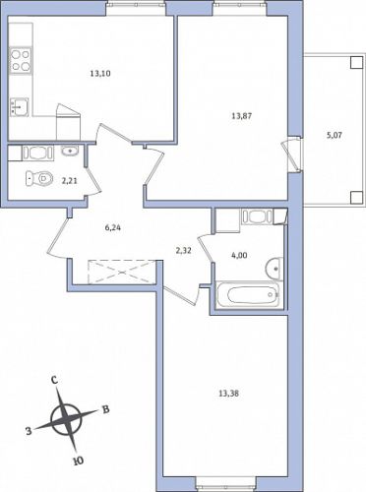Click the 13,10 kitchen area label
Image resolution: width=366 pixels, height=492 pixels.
click(x=100, y=74)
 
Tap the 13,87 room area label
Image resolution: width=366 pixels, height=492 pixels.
click(x=242, y=116)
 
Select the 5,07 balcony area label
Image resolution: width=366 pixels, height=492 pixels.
click(x=335, y=135)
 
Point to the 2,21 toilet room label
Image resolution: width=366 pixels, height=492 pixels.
click(x=70, y=180)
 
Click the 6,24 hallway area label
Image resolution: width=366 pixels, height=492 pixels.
click(x=113, y=227)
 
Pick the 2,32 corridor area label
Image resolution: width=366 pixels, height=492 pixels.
click(x=183, y=251)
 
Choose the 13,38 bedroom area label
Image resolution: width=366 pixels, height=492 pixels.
click(x=228, y=394)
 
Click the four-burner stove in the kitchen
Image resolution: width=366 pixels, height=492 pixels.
click(x=21, y=61)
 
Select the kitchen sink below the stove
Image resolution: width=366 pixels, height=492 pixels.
click(x=19, y=106)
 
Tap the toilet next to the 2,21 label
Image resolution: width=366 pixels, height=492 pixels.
click(x=39, y=179)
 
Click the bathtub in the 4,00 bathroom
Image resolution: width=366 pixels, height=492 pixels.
click(x=248, y=294)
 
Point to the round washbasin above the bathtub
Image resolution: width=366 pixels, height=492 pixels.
click(x=274, y=268)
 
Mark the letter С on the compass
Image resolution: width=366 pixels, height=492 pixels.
click(x=55, y=380)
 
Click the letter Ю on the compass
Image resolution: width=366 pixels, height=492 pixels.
click(x=78, y=461)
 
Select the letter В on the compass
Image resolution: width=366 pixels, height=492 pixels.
click(x=105, y=409)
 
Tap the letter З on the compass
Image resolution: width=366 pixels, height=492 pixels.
click(x=29, y=431)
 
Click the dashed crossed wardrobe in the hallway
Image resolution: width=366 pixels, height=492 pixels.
click(x=121, y=272)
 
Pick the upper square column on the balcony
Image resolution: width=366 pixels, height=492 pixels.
click(x=355, y=62)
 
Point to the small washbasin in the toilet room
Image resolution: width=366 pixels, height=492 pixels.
click(x=69, y=151)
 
